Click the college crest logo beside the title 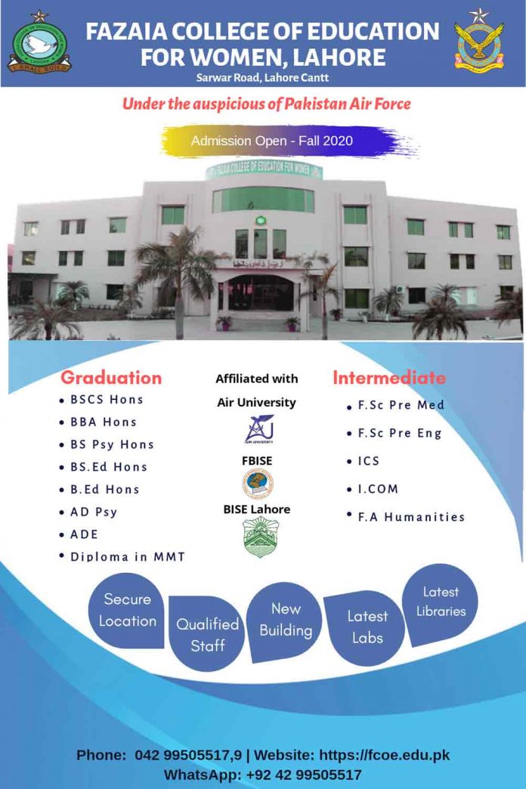(40, 43)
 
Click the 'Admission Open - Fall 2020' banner (272, 141)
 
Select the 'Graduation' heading (111, 378)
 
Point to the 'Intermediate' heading (389, 377)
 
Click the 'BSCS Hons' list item (107, 399)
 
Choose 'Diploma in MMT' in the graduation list (128, 557)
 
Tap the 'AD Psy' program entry (94, 512)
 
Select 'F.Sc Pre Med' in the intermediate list (401, 405)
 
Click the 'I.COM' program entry (378, 489)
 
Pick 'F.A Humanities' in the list (411, 517)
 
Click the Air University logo (257, 430)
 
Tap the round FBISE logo (257, 483)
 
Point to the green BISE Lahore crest (257, 537)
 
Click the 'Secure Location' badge (127, 611)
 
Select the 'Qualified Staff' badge (208, 635)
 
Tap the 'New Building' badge (286, 620)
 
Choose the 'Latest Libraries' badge (441, 602)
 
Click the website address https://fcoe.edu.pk (384, 755)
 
